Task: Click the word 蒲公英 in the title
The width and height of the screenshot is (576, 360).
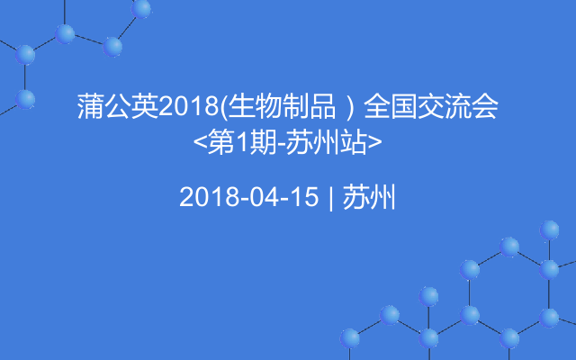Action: pyautogui.click(x=118, y=106)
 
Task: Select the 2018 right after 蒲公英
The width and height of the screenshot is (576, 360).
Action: pyautogui.click(x=189, y=106)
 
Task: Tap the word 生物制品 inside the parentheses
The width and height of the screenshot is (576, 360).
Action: pyautogui.click(x=282, y=106)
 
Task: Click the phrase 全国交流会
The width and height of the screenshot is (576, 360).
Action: pyautogui.click(x=431, y=106)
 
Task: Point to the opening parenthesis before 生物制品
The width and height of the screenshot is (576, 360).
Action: pyautogui.click(x=224, y=107)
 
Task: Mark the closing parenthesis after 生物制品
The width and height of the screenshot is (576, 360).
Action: pyautogui.click(x=350, y=107)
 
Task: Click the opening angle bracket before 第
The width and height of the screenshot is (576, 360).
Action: pyautogui.click(x=200, y=142)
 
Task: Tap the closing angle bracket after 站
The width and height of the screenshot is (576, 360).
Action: pyautogui.click(x=374, y=142)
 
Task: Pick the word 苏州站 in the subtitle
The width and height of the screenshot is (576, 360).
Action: pyautogui.click(x=326, y=142)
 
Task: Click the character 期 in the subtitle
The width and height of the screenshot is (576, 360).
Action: pyautogui.click(x=263, y=142)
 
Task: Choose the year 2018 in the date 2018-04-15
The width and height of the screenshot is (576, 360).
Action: pyautogui.click(x=210, y=196)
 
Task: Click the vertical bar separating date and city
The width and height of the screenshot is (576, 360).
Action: pyautogui.click(x=331, y=198)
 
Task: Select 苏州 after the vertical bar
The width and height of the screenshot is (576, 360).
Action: pyautogui.click(x=369, y=196)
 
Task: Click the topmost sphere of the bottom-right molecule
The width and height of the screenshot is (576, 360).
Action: pyautogui.click(x=549, y=230)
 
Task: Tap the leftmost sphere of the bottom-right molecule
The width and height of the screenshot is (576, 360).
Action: pyautogui.click(x=350, y=338)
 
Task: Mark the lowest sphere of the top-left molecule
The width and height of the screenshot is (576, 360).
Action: pyautogui.click(x=25, y=99)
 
